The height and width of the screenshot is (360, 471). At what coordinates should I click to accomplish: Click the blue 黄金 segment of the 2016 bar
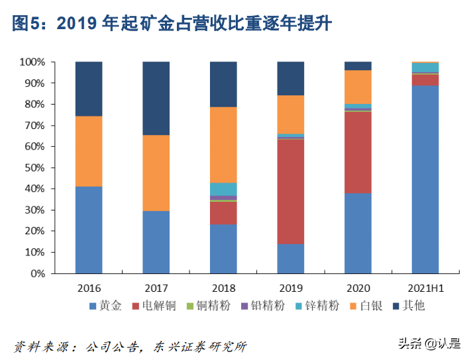(89, 230)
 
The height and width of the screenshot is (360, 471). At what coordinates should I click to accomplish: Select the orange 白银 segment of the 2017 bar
(156, 173)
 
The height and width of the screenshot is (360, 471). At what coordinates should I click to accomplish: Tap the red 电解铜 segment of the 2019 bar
(290, 192)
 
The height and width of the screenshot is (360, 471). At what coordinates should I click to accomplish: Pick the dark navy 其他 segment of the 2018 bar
(223, 84)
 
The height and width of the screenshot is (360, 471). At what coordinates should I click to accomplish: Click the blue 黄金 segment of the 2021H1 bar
(425, 179)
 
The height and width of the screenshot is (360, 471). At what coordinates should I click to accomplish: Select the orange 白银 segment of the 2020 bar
(358, 87)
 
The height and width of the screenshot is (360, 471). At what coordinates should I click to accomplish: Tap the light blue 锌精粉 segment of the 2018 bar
(223, 189)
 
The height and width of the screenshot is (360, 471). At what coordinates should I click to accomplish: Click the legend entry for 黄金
(105, 305)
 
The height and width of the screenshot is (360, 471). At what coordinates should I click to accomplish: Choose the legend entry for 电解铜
(152, 305)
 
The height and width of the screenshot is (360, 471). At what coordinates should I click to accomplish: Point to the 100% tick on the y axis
(32, 62)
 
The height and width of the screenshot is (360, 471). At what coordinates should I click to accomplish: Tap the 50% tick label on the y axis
(34, 167)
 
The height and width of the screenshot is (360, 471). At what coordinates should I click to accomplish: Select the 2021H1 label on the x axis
(425, 288)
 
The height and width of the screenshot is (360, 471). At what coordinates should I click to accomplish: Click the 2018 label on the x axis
(223, 288)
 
